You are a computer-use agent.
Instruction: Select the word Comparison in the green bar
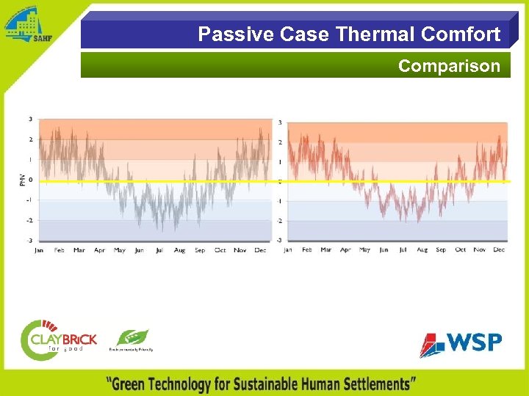449,66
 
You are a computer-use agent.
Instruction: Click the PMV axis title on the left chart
22,180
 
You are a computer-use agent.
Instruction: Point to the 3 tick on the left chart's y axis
29,119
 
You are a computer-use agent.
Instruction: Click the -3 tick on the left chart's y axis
29,241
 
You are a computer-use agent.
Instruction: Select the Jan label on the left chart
40,250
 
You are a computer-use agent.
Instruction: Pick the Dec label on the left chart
260,250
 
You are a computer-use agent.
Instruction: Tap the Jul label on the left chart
159,250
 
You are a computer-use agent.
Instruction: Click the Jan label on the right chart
288,250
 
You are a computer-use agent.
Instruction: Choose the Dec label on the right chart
499,250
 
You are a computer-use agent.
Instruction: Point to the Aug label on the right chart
422,250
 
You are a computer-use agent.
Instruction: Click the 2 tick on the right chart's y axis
279,142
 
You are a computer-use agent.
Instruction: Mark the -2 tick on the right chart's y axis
278,221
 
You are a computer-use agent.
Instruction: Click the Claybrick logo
58,339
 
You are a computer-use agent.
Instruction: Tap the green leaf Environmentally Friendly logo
132,340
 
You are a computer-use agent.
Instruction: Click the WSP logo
461,343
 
